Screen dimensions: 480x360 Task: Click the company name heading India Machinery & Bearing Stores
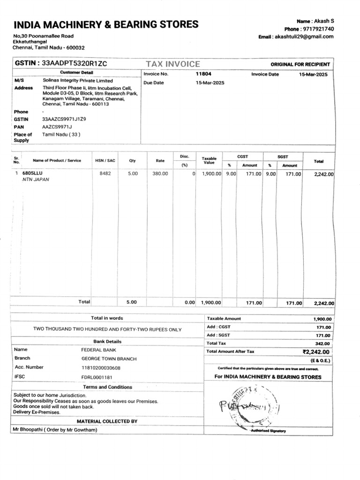tap(106, 24)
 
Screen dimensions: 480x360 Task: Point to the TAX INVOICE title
tap(172, 64)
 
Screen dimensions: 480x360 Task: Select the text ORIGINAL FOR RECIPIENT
tap(300, 64)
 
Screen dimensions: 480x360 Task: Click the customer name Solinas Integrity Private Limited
tap(78, 81)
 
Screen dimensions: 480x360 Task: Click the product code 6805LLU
tap(32, 173)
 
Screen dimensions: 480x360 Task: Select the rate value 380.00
tap(160, 174)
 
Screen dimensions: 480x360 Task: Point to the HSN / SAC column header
tap(105, 160)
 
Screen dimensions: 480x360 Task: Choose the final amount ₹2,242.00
tap(316, 352)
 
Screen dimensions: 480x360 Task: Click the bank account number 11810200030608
tap(101, 367)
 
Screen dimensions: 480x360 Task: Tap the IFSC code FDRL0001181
tap(97, 376)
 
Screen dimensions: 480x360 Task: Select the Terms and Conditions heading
tap(107, 387)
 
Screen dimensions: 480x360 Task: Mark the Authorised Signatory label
tap(268, 430)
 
